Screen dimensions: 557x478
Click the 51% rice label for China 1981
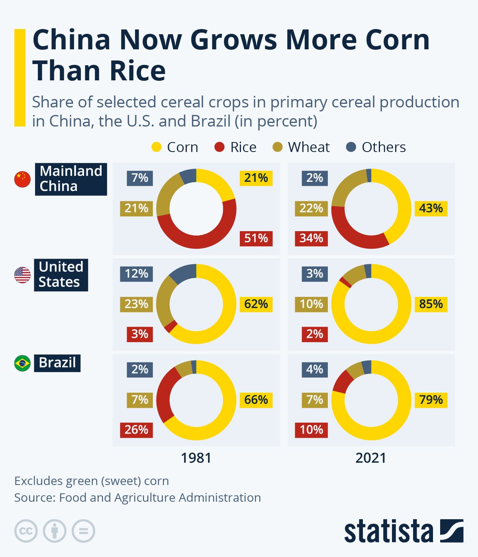coord(256,238)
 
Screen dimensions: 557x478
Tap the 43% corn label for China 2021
coord(431,208)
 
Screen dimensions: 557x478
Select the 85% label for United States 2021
coord(431,304)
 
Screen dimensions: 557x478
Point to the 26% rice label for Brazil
coord(136,430)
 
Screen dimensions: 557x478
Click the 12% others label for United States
coord(136,274)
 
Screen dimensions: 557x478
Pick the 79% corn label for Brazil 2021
coord(431,399)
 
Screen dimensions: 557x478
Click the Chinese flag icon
coord(22,179)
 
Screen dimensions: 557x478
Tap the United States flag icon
coord(22,275)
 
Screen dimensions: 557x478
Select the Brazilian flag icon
coord(22,363)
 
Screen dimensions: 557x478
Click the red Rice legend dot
coord(219,147)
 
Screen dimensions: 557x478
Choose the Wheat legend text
coord(309,147)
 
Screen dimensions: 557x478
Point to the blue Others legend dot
coord(351,147)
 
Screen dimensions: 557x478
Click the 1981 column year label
coord(196,458)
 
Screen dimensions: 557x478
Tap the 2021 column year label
coord(371,458)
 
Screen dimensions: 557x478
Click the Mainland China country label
coord(71,179)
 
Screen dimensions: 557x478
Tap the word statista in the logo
coord(388,531)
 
